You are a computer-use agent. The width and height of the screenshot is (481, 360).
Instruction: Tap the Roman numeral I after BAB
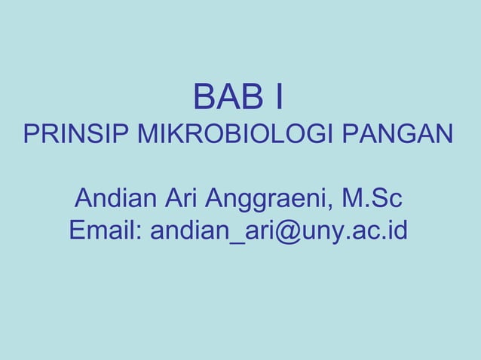click(279, 97)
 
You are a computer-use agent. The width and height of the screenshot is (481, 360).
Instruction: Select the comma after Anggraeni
click(335, 209)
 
